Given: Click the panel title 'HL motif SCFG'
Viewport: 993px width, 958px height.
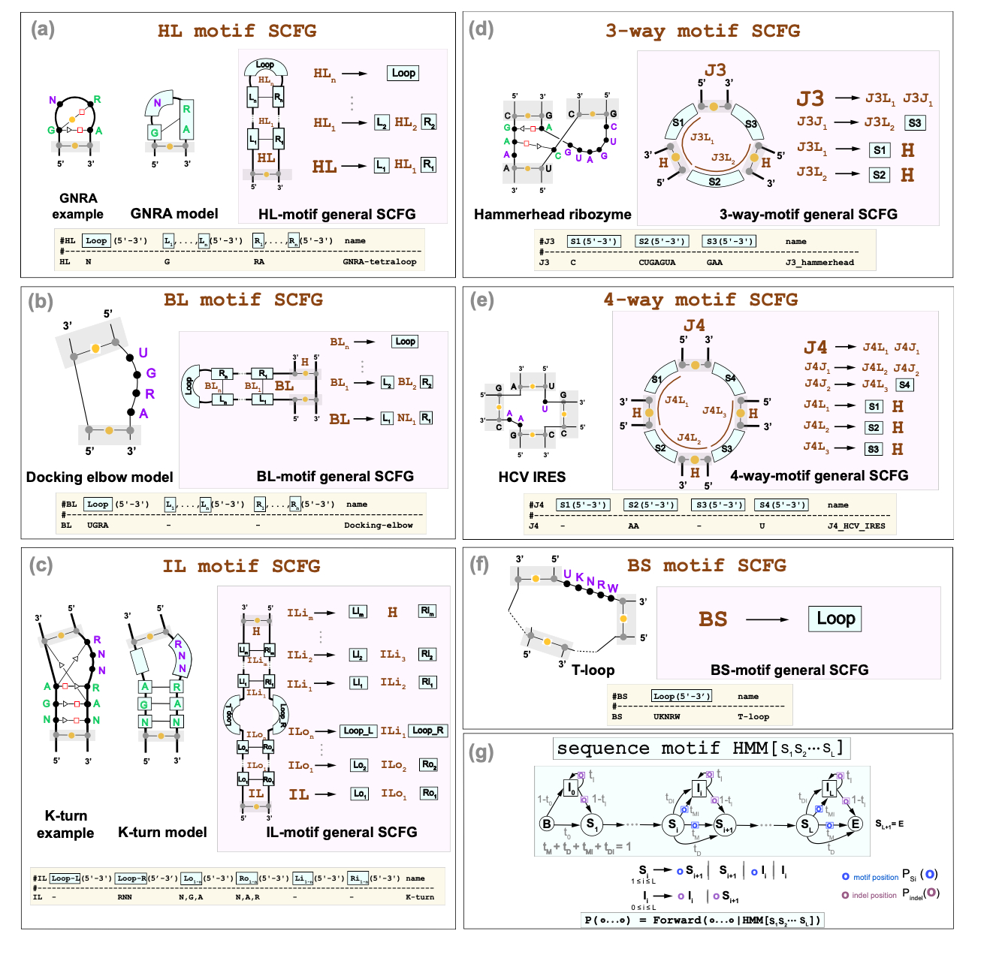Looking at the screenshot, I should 237,31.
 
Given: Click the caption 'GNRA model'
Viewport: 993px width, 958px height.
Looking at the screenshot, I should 174,214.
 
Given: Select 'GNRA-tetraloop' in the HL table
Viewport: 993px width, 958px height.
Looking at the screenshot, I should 379,262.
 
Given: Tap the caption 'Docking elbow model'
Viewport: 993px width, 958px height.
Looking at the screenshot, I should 99,477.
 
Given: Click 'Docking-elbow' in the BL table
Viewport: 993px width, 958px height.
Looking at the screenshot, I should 379,526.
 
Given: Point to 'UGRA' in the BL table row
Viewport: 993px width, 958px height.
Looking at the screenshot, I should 98,526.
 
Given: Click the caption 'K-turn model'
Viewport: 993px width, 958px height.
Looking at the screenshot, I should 162,832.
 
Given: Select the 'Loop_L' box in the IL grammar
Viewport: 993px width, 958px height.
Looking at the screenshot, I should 358,731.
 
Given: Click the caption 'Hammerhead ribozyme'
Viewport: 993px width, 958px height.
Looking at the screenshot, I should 552,215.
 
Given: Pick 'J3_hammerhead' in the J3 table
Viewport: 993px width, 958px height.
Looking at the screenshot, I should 819,263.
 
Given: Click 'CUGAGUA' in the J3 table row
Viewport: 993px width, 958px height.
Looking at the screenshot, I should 656,263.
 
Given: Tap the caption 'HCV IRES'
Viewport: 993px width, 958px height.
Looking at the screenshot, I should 532,477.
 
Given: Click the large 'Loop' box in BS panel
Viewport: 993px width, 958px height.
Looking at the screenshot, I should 835,619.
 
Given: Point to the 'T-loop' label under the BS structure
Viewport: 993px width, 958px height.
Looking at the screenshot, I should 593,670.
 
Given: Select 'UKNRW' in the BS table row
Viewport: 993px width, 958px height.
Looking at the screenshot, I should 667,717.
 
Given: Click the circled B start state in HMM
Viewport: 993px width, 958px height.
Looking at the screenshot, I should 548,824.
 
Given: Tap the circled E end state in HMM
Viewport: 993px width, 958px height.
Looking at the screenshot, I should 855,824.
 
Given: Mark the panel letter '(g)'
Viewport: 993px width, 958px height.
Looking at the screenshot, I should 481,752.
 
